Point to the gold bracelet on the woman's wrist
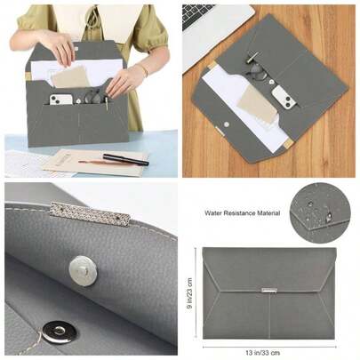[x=143, y=69]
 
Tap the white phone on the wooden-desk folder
[x=284, y=98]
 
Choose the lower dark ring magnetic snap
[x=59, y=332]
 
